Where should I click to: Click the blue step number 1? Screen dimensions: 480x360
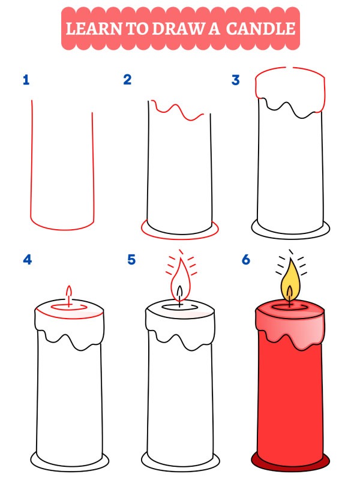[26, 80]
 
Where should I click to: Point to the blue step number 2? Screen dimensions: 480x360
[127, 80]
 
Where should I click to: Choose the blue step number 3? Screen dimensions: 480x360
[236, 80]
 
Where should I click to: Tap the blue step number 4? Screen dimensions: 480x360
[26, 260]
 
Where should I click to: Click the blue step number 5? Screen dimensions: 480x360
[131, 260]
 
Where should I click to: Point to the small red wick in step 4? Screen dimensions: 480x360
[69, 295]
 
